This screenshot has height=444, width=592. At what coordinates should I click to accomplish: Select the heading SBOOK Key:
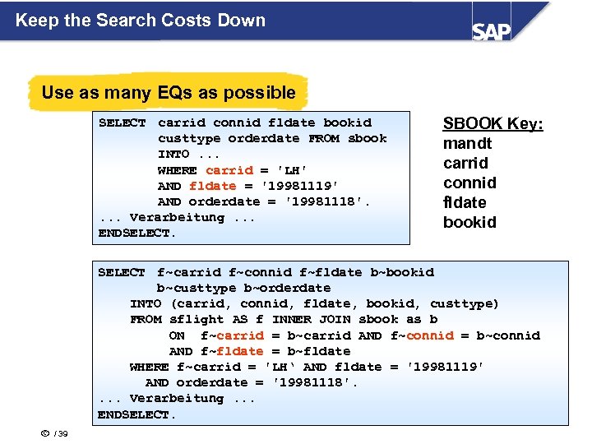(x=493, y=123)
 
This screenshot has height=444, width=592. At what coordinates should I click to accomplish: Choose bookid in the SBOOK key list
(x=469, y=222)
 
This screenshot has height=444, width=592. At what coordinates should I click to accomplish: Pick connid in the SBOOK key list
(x=469, y=183)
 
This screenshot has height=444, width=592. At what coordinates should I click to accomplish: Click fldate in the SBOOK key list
(x=465, y=202)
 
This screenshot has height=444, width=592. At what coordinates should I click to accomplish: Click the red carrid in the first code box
(x=229, y=170)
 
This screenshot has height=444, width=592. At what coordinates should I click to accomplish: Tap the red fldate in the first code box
(x=213, y=186)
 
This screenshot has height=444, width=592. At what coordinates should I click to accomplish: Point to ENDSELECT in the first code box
(x=136, y=234)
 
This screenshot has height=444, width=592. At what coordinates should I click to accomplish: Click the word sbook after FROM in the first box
(x=367, y=138)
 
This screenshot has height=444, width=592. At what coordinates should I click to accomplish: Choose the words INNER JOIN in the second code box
(x=303, y=319)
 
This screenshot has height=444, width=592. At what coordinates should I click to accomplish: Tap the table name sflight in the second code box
(x=197, y=319)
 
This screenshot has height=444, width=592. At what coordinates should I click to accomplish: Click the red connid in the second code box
(x=429, y=335)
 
